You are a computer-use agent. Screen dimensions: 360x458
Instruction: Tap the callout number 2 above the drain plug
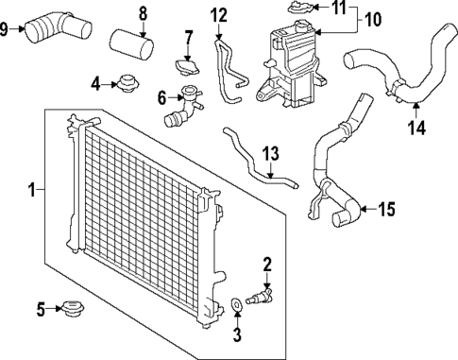click(267, 264)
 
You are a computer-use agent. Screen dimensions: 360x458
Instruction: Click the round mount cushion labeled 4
click(124, 85)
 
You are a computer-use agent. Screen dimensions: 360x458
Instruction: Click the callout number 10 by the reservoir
click(373, 19)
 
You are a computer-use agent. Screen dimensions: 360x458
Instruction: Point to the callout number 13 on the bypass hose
click(270, 153)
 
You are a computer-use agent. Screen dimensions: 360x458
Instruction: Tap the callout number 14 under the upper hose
click(416, 126)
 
